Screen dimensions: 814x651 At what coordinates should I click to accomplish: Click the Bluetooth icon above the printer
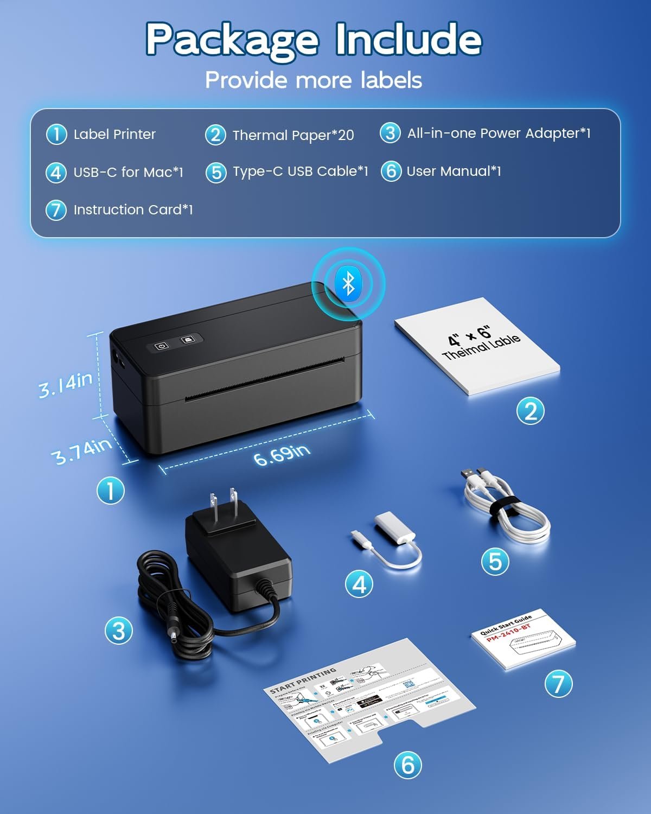point(348,282)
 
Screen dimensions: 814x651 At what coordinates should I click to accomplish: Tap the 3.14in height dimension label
point(65,384)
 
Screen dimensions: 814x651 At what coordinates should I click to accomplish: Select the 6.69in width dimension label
point(282,454)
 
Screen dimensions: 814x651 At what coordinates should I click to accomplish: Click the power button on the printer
point(161,346)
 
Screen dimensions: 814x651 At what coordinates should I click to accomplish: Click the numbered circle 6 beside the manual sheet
point(408,765)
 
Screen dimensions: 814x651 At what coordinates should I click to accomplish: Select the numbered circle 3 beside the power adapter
point(118,631)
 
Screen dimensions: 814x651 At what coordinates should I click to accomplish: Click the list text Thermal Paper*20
point(293,135)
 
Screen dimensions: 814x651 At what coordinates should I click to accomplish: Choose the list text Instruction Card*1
point(133,210)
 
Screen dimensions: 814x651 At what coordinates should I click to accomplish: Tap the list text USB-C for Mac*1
point(128,173)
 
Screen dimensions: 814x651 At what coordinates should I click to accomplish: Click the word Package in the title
point(232,39)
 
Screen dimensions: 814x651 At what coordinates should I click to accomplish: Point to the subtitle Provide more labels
point(314,80)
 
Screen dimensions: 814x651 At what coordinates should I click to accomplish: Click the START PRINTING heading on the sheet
point(303,680)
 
